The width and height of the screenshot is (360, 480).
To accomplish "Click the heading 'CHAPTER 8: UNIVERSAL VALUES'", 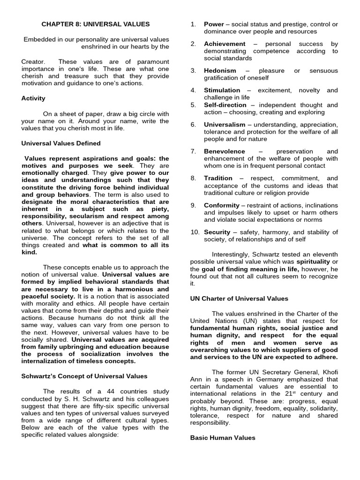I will click(x=96, y=24).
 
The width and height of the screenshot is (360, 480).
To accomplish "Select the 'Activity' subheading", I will click(x=33, y=98).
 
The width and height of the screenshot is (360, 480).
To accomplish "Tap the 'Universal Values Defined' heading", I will click(x=61, y=143).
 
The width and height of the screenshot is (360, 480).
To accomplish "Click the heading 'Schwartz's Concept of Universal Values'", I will click(x=84, y=376).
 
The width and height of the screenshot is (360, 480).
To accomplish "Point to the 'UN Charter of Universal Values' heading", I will click(x=239, y=299).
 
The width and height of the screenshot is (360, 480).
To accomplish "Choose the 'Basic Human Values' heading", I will click(x=223, y=438).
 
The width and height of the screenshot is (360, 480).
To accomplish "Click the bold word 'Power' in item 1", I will click(x=214, y=24).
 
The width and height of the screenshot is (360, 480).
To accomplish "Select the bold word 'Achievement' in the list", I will click(x=225, y=44).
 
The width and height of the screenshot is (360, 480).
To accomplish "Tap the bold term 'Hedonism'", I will click(x=220, y=71).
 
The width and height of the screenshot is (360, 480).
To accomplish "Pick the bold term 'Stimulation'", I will click(x=222, y=90).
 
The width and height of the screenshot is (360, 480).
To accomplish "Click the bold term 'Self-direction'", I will click(x=225, y=105).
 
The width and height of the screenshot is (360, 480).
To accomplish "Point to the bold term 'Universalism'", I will click(x=225, y=125).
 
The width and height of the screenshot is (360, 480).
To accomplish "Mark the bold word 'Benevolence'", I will click(x=224, y=151).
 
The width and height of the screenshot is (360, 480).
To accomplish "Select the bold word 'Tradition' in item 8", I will click(x=218, y=178).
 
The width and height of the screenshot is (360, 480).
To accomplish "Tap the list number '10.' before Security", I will click(x=195, y=232).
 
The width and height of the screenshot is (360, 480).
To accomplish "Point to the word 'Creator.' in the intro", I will click(x=34, y=62).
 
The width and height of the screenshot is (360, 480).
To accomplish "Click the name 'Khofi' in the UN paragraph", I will click(x=328, y=372).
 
